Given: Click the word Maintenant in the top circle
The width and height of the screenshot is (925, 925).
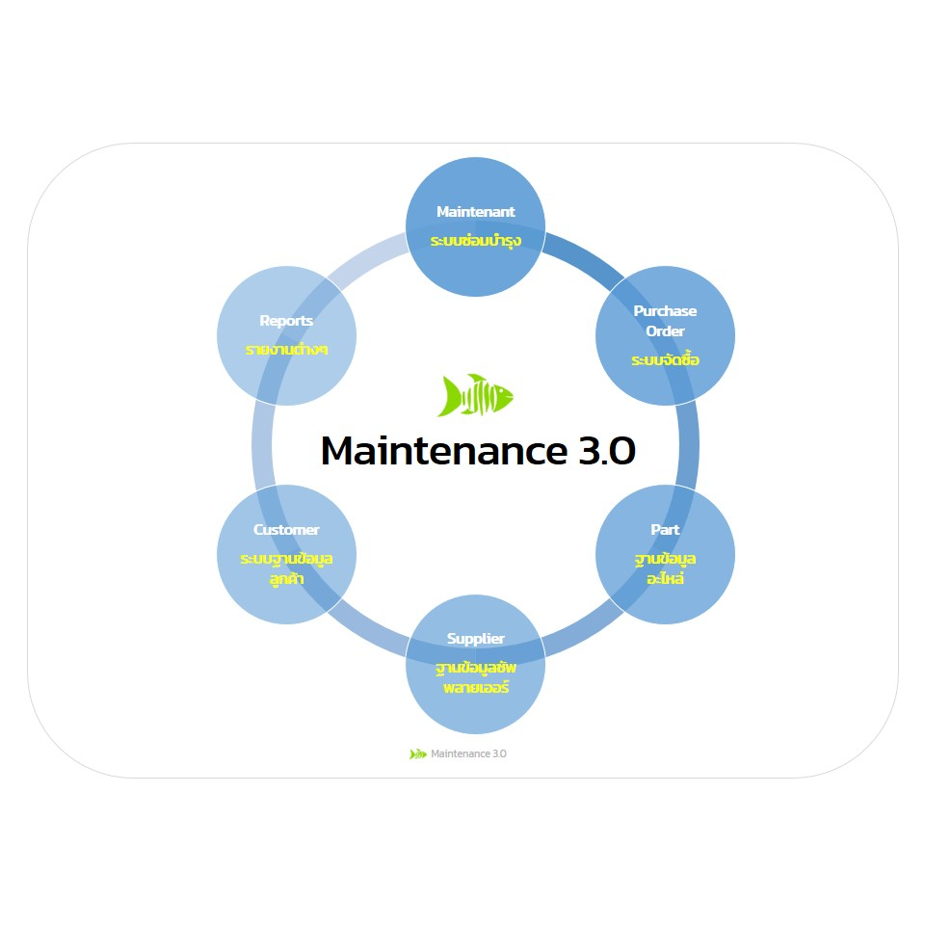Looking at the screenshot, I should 475,212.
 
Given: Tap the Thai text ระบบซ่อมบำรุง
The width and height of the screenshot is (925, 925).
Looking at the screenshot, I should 475,240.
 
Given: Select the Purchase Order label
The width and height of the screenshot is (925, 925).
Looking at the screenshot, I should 665,321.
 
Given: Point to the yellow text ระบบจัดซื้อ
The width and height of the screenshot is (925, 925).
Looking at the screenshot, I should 665,360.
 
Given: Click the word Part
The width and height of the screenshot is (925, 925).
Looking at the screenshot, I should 665,530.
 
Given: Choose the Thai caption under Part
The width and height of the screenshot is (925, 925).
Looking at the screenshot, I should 665,569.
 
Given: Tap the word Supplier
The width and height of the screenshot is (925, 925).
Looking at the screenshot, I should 475,639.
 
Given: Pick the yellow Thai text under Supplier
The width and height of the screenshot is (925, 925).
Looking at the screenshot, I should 475,677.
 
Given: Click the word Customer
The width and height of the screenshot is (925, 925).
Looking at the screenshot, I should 286,530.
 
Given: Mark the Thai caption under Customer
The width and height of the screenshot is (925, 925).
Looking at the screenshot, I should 286,568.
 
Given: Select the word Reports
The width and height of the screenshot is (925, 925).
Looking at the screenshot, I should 286,321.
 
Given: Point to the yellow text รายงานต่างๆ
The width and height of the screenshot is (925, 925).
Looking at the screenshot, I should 286,349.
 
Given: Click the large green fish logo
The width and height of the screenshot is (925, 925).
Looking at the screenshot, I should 477,395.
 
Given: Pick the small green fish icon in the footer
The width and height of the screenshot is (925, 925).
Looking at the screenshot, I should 418,753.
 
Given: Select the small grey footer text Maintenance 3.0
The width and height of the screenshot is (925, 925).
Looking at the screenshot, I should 468,753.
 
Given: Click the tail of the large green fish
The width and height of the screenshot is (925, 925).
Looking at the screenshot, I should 450,395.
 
